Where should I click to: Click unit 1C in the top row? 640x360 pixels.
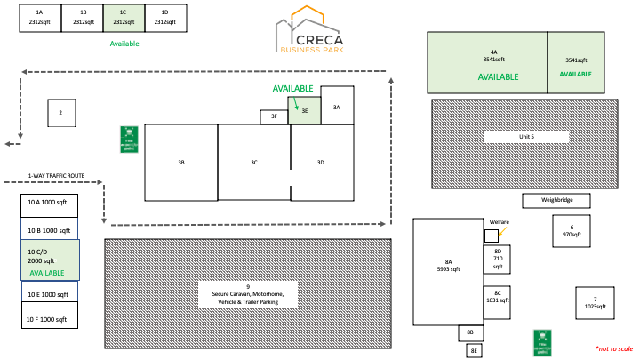point(123,18)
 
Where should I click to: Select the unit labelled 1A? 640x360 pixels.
point(39,18)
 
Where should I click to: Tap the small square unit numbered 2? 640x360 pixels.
point(60,113)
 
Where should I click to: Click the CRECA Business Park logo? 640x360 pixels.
point(320,30)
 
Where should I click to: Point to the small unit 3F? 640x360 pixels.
point(274,116)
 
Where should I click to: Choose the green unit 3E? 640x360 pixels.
point(304,111)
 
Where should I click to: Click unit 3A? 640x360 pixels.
point(337,105)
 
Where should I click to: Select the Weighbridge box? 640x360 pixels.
point(557,201)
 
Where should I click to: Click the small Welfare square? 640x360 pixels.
point(491,236)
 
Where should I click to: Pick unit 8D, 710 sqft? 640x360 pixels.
point(498,260)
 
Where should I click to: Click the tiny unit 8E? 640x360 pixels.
point(475,351)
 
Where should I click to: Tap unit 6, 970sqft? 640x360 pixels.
point(572,230)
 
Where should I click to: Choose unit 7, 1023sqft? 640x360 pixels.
point(595,302)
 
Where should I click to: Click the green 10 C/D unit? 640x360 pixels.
point(50,260)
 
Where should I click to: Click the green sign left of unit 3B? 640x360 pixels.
point(128,139)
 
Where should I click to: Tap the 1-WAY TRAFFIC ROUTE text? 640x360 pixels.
point(56,176)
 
